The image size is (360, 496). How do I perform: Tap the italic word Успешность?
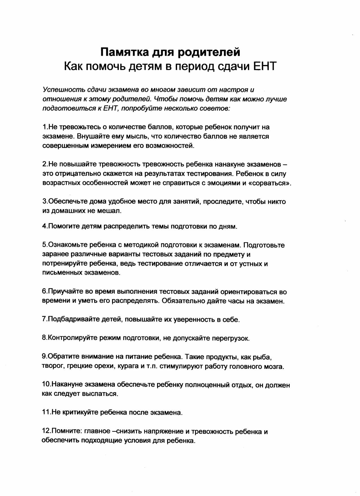64,90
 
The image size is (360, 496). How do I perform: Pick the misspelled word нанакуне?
230,164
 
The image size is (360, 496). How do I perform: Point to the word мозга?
274,367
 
